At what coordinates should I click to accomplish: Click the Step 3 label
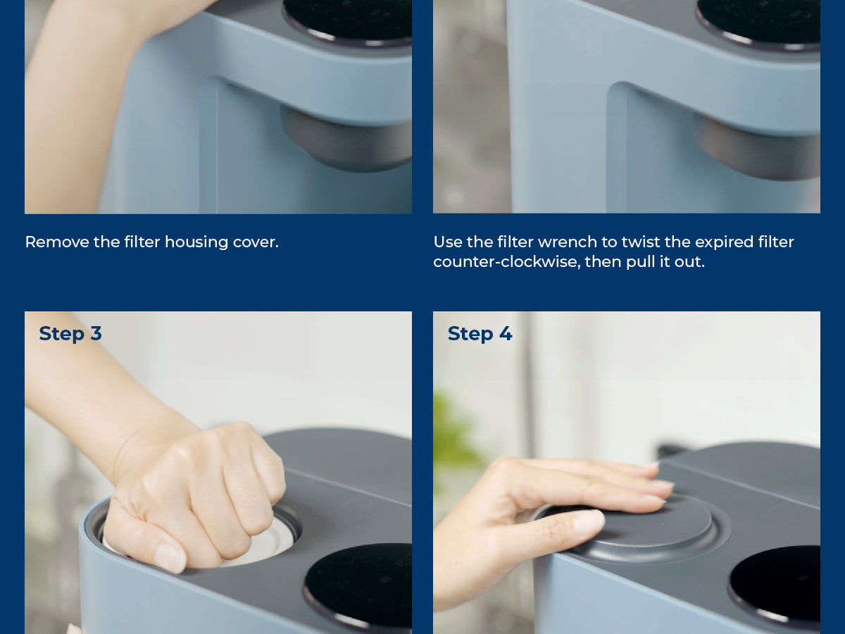pos(70,333)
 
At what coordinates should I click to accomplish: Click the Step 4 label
pos(480,333)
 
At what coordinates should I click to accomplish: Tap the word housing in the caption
pos(196,242)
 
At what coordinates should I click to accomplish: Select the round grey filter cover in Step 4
pos(639,529)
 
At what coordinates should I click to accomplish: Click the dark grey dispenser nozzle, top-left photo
pos(345,139)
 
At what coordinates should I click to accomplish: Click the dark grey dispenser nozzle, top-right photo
pos(757,147)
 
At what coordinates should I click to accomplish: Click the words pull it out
pos(665,262)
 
